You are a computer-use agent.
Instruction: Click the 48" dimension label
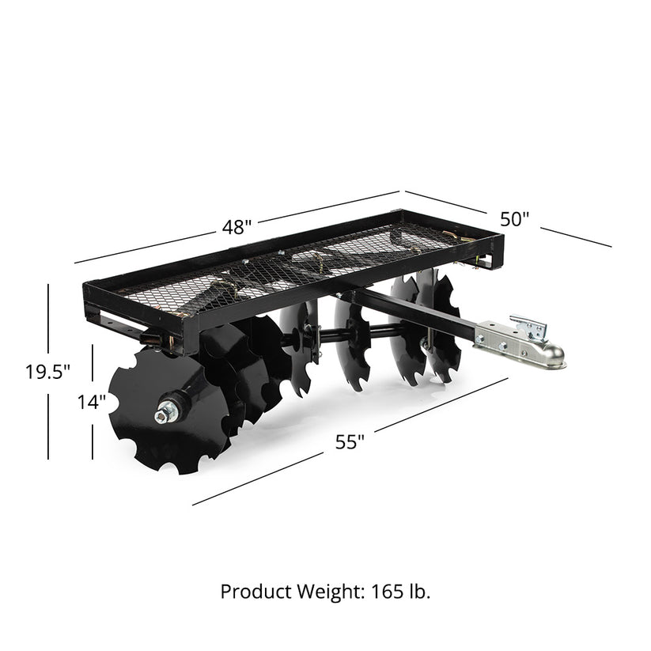click(x=237, y=227)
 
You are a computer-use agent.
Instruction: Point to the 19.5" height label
click(x=48, y=371)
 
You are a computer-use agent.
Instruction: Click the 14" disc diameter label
click(x=92, y=402)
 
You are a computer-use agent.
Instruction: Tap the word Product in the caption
click(x=250, y=592)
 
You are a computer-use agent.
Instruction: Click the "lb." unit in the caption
click(x=418, y=592)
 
